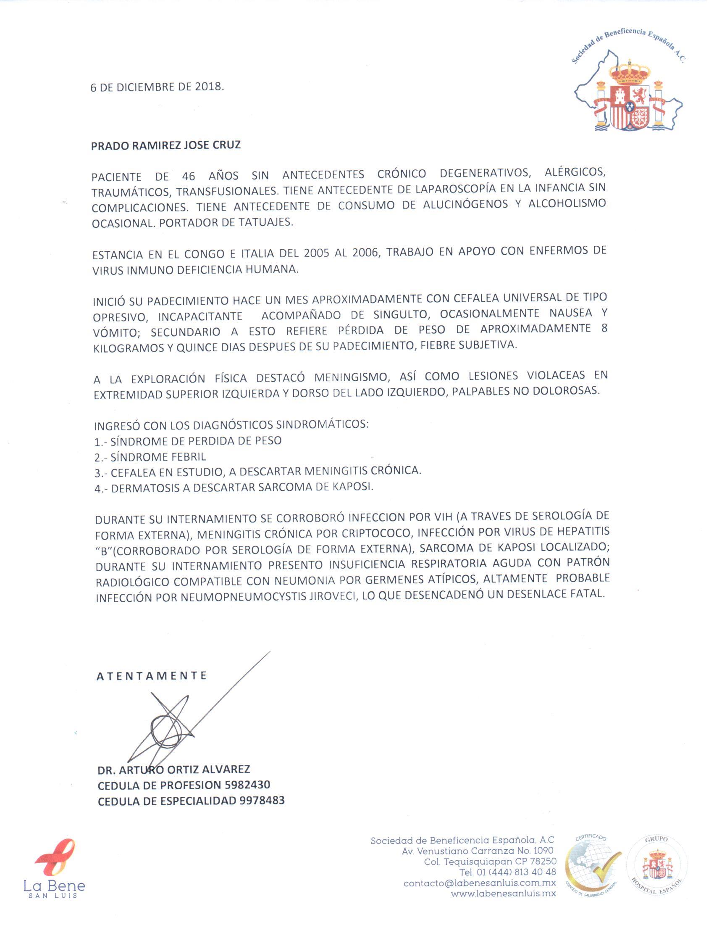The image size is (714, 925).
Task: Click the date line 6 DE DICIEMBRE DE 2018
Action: point(157,87)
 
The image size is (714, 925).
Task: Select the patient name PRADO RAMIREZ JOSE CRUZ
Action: point(166,145)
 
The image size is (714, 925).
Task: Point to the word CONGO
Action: point(204,254)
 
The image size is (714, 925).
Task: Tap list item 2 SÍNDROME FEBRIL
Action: point(150,457)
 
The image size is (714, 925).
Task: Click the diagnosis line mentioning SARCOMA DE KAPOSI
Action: point(234,488)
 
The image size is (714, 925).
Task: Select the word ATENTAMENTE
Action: point(152,676)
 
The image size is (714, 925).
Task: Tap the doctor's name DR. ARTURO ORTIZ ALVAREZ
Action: point(174,770)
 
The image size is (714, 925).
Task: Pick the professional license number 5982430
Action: point(247,785)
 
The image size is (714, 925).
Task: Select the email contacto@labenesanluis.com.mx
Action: point(480,883)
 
